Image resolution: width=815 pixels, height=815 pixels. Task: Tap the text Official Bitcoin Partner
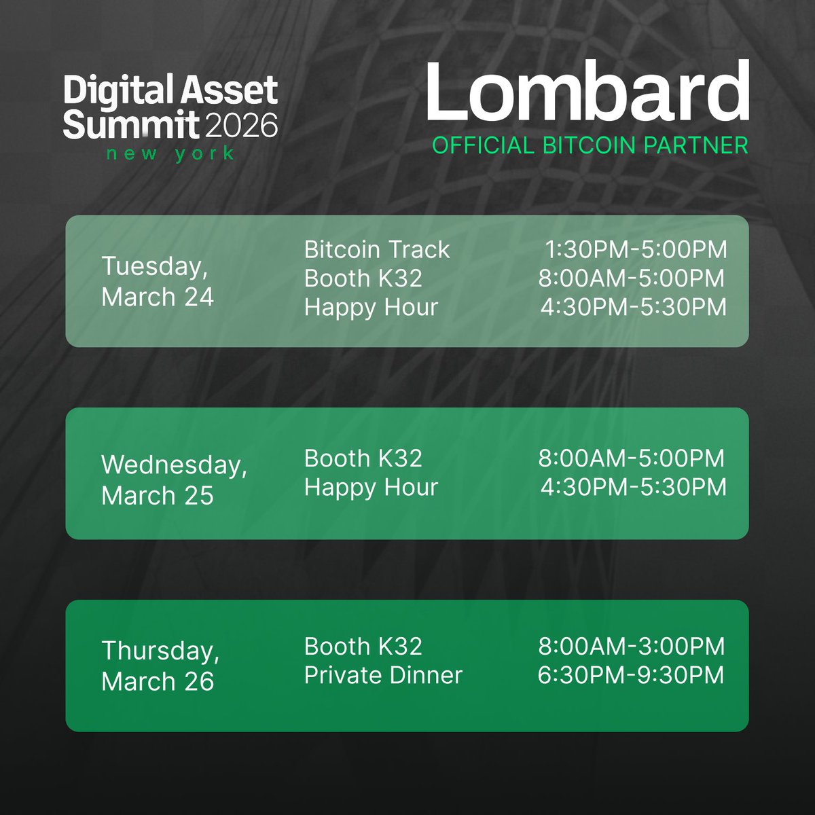click(x=590, y=145)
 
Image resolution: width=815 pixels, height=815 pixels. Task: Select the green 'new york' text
click(x=170, y=153)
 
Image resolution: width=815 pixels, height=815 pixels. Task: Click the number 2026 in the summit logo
click(x=240, y=126)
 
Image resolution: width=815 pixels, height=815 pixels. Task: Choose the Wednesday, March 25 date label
click(x=174, y=479)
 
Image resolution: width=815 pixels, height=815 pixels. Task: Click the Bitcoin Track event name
click(x=377, y=250)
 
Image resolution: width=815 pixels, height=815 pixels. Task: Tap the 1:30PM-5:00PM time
click(x=636, y=250)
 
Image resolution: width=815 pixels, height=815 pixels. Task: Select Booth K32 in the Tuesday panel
click(x=363, y=278)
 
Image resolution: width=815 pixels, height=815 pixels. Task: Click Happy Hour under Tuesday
click(x=371, y=307)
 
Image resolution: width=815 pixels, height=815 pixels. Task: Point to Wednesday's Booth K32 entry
click(x=363, y=458)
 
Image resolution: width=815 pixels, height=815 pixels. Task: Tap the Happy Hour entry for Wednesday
click(x=371, y=487)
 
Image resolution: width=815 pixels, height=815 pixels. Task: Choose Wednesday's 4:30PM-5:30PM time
click(x=634, y=487)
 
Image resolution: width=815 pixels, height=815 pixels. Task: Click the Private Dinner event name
click(x=383, y=675)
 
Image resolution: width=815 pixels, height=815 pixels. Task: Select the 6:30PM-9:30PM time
click(x=632, y=675)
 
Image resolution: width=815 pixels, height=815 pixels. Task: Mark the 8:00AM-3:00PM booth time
click(x=632, y=646)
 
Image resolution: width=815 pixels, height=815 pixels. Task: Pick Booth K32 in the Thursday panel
click(x=363, y=646)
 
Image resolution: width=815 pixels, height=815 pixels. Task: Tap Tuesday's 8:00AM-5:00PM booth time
click(x=632, y=278)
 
